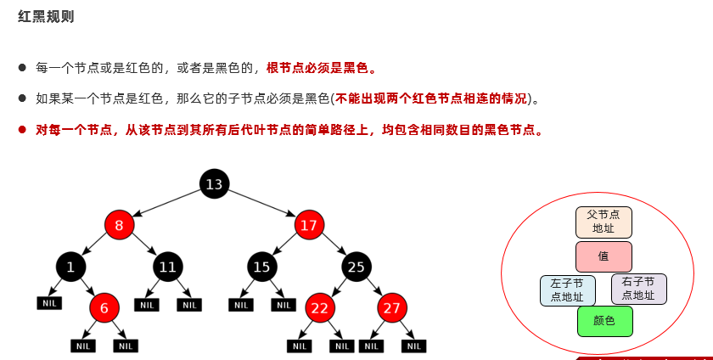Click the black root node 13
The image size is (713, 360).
point(215,183)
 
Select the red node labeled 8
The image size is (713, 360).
point(120,225)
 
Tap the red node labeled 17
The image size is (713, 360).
point(309,225)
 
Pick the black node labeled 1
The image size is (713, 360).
point(71,267)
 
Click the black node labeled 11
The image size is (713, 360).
point(168,267)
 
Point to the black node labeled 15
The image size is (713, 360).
point(262,267)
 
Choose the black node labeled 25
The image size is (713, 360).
point(356,267)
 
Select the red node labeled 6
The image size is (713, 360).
point(104,308)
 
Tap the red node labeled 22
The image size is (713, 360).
point(319,308)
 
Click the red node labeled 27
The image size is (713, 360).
point(392,308)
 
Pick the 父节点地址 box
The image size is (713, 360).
point(604,222)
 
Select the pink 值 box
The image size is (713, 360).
point(604,256)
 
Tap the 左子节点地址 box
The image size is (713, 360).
point(567,290)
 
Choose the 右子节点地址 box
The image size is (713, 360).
point(638,290)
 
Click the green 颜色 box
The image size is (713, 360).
point(604,321)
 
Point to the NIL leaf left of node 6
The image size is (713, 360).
point(49,303)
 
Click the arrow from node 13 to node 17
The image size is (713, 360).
point(263,205)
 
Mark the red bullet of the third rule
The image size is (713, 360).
point(23,130)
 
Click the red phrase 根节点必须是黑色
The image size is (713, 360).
point(321,67)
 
